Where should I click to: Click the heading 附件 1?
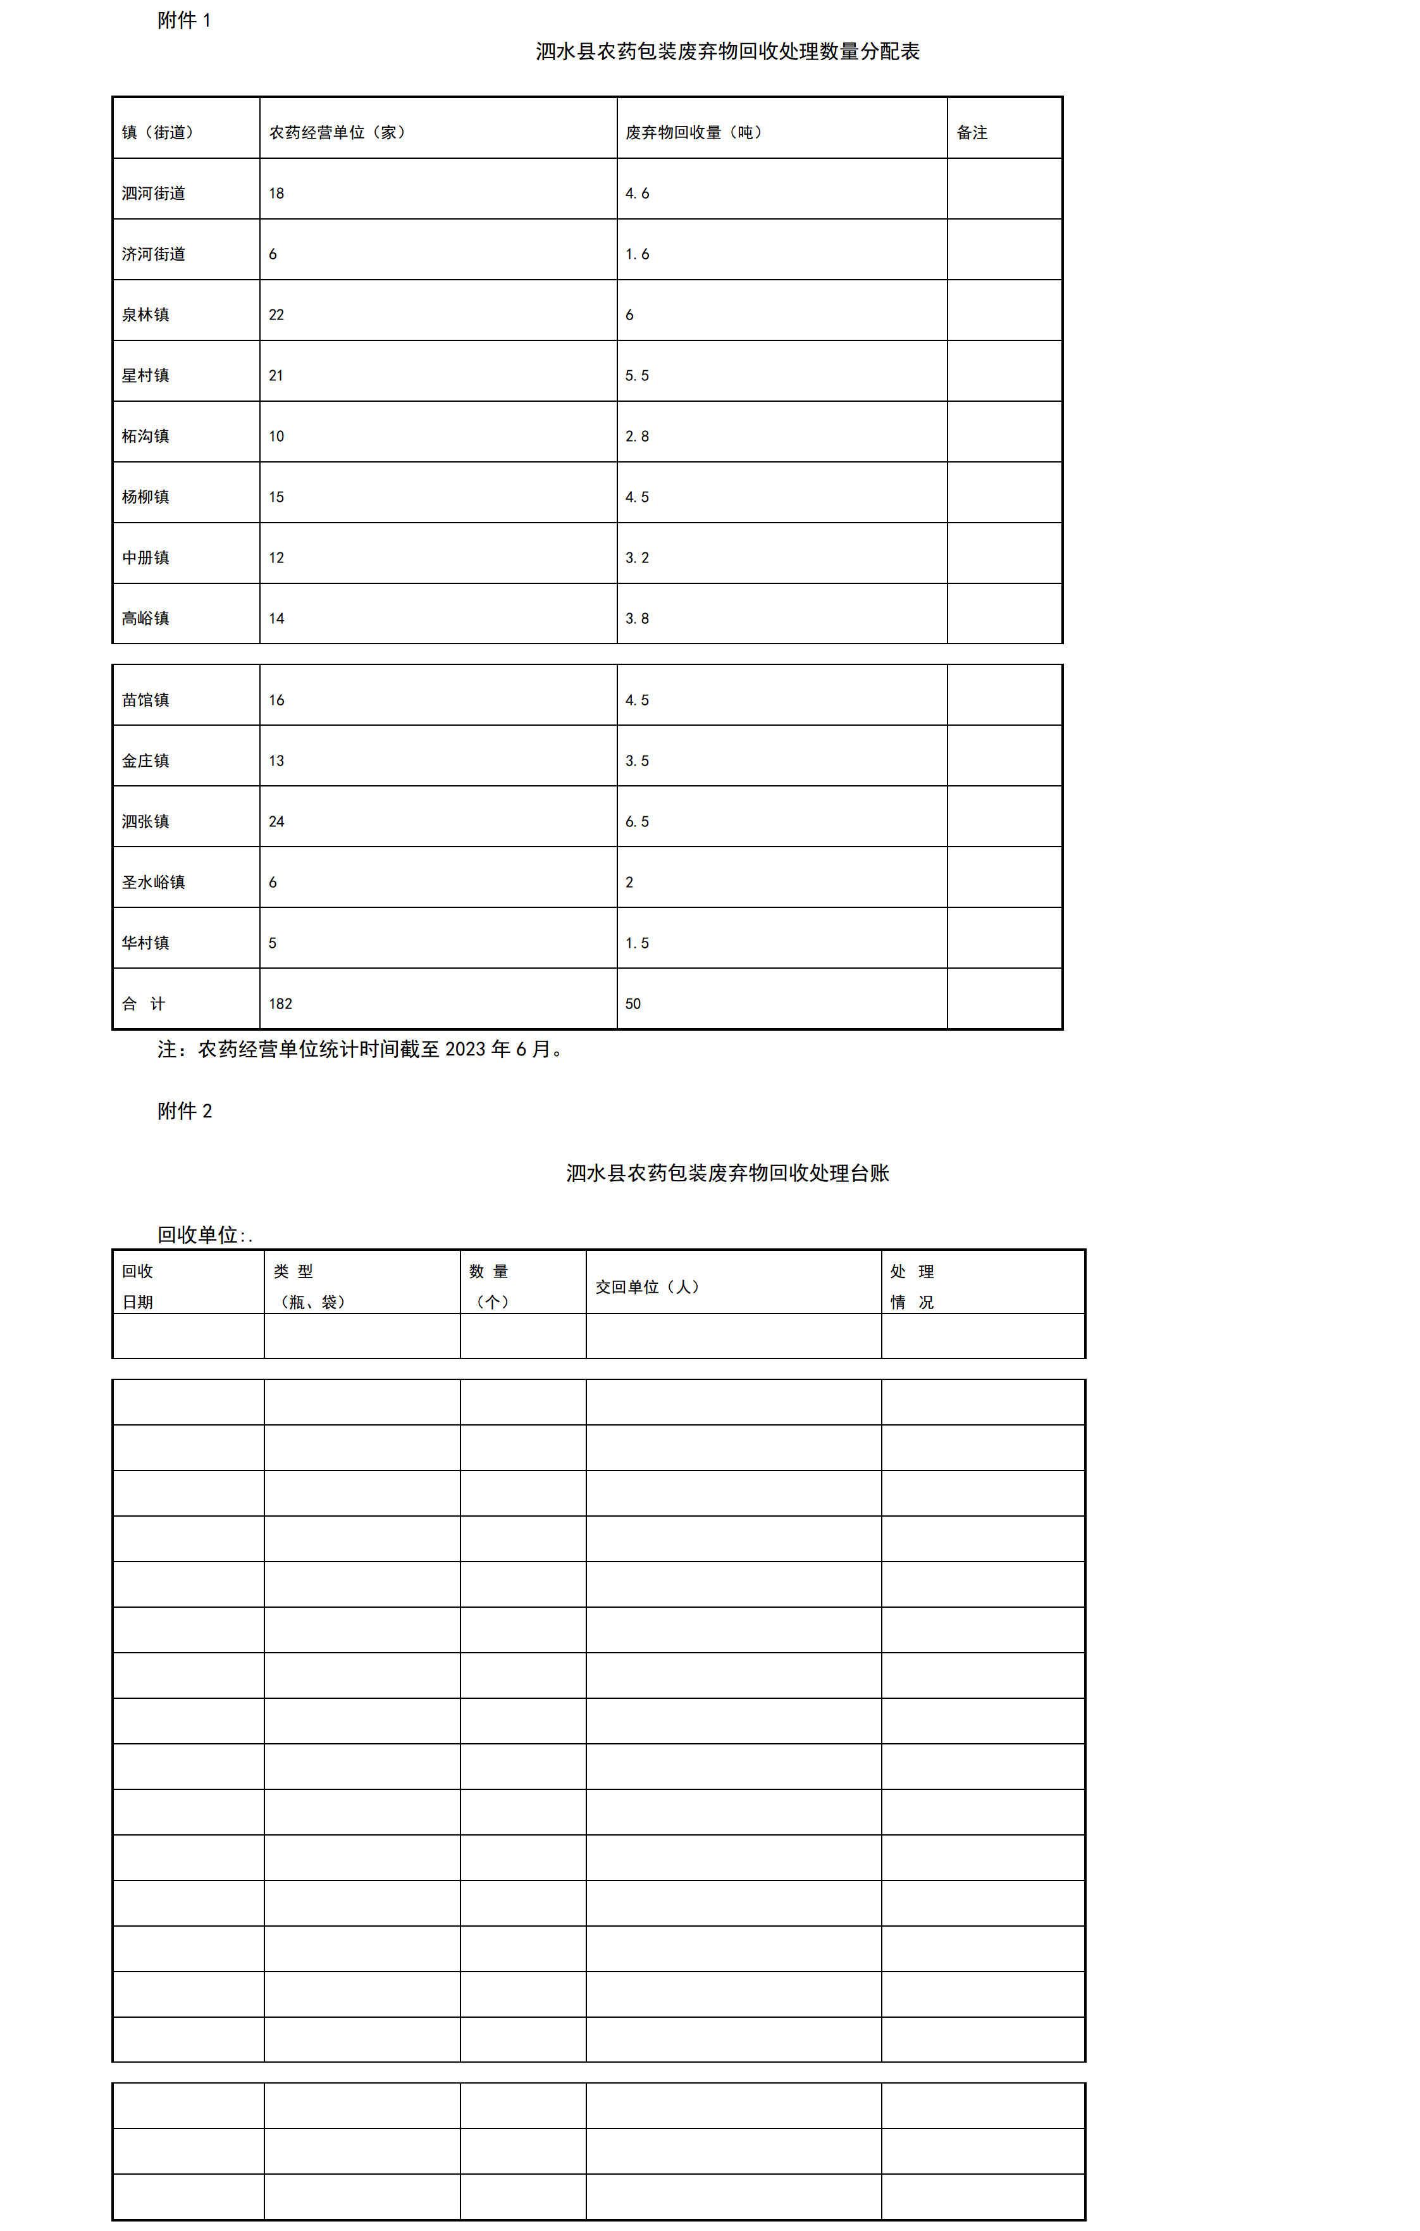click(183, 20)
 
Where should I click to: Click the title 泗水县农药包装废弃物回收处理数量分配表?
click(727, 52)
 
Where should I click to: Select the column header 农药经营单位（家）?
click(337, 132)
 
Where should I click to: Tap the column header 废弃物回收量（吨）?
click(694, 132)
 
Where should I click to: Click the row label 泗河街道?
click(154, 194)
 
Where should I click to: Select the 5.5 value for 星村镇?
click(638, 376)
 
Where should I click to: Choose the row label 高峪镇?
click(145, 619)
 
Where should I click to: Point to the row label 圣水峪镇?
click(154, 882)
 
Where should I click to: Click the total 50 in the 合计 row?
click(633, 1004)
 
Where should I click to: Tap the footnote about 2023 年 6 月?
click(361, 1050)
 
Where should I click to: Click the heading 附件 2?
click(184, 1112)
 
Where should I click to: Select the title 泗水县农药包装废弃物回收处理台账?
click(727, 1174)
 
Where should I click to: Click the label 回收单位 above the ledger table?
click(198, 1235)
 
